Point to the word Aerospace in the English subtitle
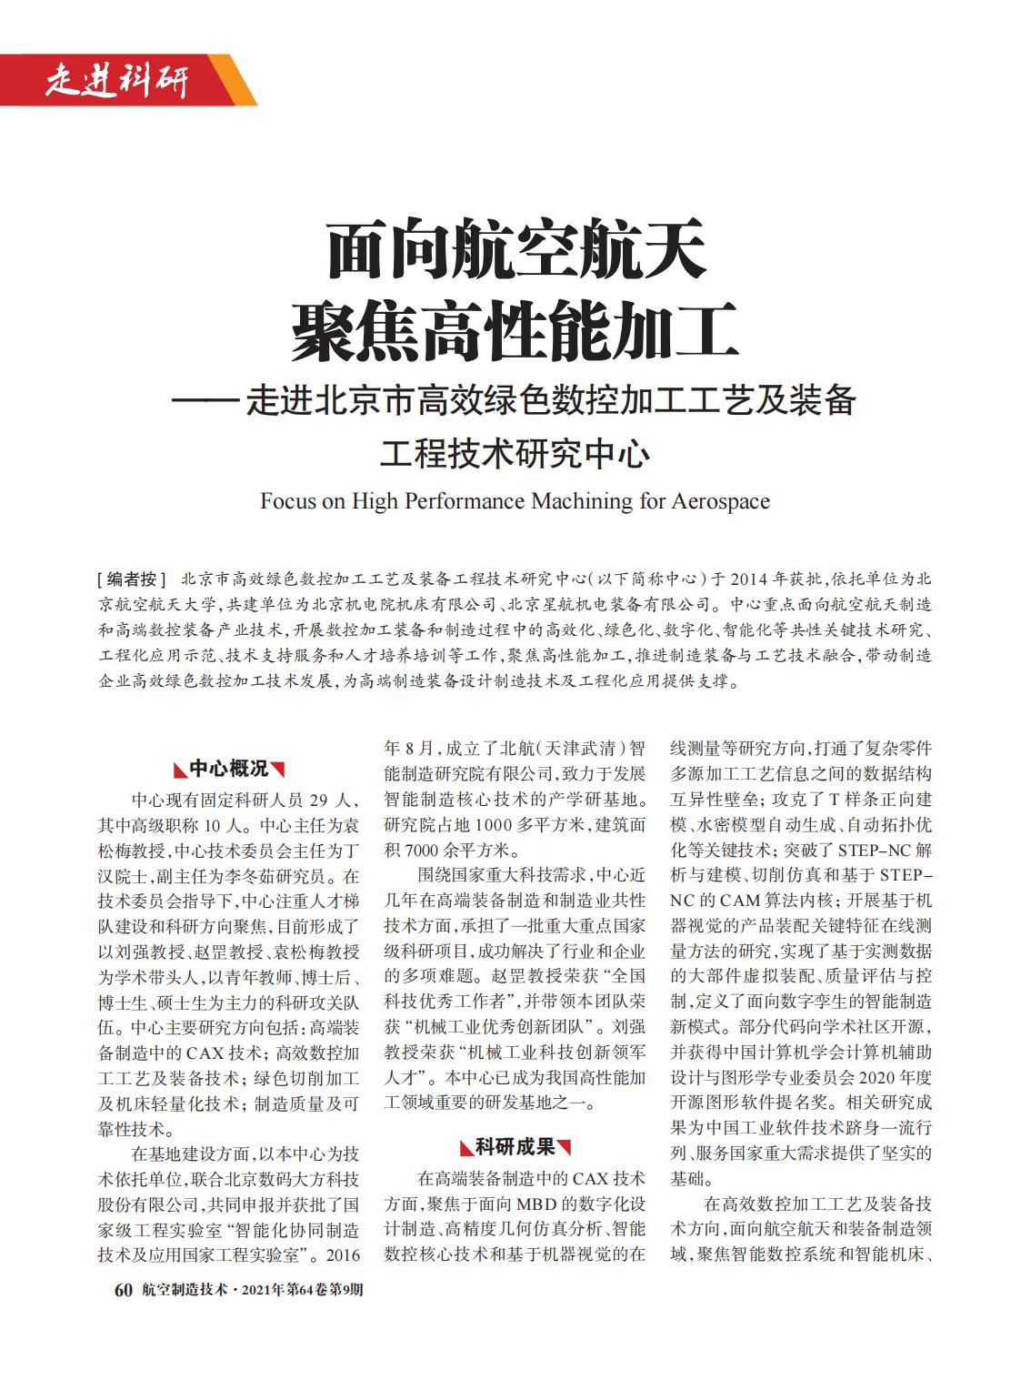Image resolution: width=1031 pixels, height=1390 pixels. [x=720, y=501]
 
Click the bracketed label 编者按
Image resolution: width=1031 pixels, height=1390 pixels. [x=132, y=579]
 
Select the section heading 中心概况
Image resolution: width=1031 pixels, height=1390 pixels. [x=229, y=770]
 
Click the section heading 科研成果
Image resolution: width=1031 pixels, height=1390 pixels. [x=515, y=1147]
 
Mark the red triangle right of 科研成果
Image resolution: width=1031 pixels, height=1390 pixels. [x=565, y=1147]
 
